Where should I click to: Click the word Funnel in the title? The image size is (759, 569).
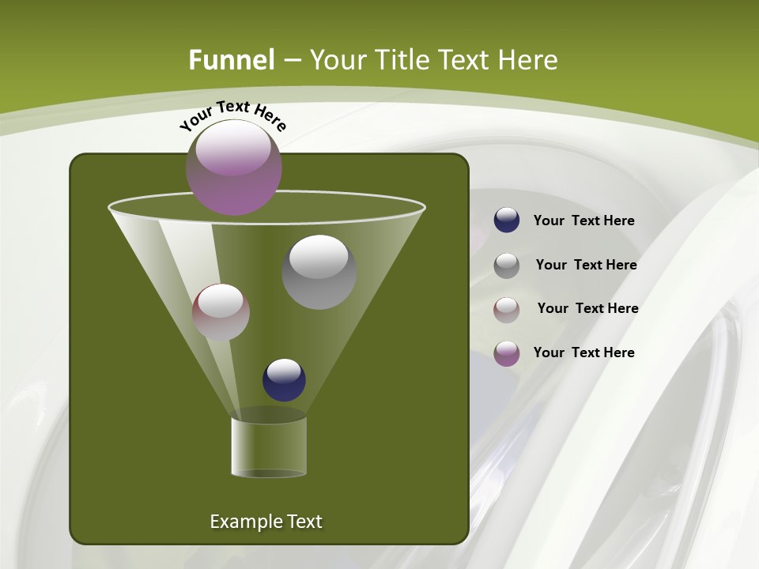pos(232,60)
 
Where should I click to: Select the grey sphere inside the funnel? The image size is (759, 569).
pos(319,271)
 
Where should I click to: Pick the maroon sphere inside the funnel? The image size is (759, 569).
pos(221,312)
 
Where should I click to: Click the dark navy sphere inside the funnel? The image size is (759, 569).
pos(284,379)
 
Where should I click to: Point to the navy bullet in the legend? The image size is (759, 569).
pos(507,220)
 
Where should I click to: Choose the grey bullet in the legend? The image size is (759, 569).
pos(507,265)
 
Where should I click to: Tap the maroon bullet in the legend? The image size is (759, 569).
pos(507,309)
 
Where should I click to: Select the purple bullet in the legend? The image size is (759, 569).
pos(507,353)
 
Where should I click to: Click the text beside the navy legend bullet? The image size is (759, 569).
pos(583,221)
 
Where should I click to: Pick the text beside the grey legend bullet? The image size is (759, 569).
pos(586,266)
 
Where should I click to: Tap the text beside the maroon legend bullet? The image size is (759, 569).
pos(587,309)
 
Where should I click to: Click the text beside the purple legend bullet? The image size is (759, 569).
pos(583,352)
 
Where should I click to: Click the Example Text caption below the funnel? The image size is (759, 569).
pos(266,522)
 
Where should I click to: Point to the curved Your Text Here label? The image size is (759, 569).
pos(232,115)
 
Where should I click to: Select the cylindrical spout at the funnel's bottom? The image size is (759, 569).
pos(269,447)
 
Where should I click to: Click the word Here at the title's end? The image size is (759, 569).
pos(530,60)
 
